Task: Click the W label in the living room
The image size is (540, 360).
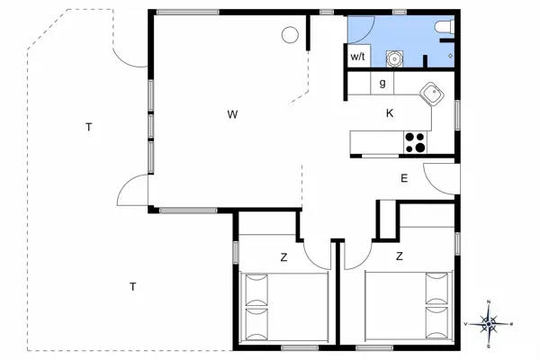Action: click(x=233, y=114)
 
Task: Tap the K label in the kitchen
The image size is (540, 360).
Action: click(x=390, y=113)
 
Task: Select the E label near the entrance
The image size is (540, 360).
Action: click(x=404, y=178)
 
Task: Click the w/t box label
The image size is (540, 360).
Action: click(x=358, y=56)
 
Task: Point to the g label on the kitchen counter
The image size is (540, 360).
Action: click(x=382, y=83)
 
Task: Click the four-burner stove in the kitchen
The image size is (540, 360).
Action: click(x=415, y=142)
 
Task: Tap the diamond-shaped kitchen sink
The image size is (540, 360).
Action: click(x=431, y=94)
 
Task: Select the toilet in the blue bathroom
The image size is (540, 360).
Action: click(x=445, y=28)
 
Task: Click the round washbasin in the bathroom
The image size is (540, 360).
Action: click(x=394, y=58)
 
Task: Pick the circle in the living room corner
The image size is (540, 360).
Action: click(x=290, y=35)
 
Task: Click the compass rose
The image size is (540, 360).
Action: click(x=489, y=324)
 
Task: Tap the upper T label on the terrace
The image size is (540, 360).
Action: click(x=89, y=127)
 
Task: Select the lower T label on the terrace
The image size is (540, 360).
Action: click(x=133, y=286)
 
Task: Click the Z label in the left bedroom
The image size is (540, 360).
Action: click(x=283, y=257)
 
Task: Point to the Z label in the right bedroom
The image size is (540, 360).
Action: click(x=400, y=256)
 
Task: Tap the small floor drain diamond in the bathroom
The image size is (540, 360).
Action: click(x=451, y=56)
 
